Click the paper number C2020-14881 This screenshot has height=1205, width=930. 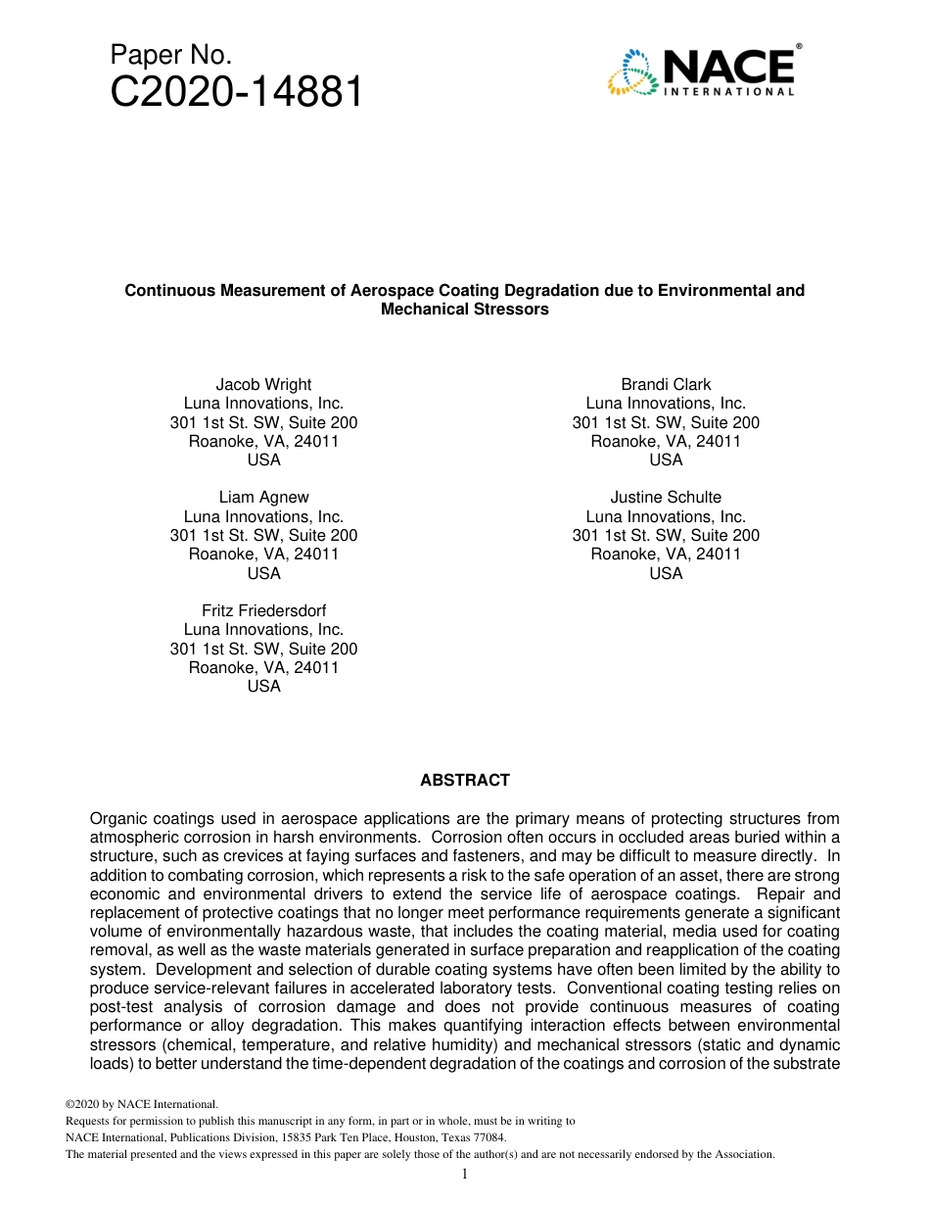(236, 93)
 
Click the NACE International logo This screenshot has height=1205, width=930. (700, 72)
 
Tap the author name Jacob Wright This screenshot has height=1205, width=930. (263, 384)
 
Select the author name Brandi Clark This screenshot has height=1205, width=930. (666, 384)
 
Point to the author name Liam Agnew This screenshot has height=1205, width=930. (263, 497)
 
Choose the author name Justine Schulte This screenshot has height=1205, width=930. (666, 497)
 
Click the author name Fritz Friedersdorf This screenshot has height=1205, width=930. (263, 610)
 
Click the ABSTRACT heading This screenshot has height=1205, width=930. (465, 781)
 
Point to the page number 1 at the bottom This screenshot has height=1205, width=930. (465, 1174)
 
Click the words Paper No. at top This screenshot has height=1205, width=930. (170, 55)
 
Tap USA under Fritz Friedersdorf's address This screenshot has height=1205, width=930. (263, 686)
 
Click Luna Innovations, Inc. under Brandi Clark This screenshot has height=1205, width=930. (666, 403)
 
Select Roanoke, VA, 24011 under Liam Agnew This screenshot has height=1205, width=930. (263, 554)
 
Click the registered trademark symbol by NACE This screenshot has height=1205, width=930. (799, 46)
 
